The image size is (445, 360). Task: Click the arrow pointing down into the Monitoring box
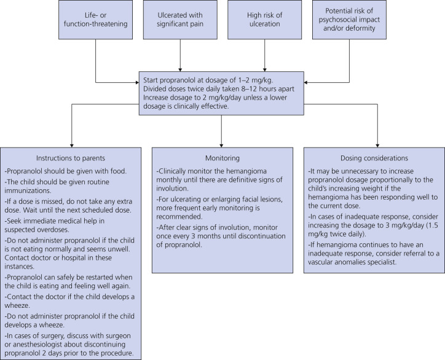click(x=222, y=141)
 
